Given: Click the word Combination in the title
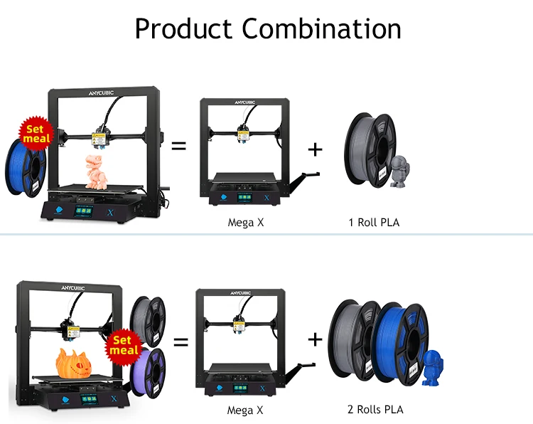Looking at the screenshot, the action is (321, 29).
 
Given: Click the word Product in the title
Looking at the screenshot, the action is (183, 29).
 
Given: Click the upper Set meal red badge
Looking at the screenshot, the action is (35, 134).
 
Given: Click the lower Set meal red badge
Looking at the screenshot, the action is (124, 345).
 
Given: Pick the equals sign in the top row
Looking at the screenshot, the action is (179, 146).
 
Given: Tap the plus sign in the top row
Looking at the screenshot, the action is (315, 149).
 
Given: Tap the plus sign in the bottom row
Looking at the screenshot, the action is (315, 339).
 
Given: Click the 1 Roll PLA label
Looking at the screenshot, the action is (374, 222).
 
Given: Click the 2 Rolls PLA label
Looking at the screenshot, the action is (376, 409).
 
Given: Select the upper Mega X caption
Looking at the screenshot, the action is (245, 222).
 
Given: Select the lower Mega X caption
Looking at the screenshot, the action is (245, 410).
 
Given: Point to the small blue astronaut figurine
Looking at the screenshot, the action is (433, 369).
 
